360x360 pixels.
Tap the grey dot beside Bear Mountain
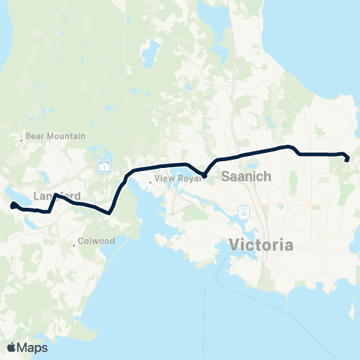tap(21, 137)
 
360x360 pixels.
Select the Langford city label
tap(57, 196)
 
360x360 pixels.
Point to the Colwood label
tap(95, 242)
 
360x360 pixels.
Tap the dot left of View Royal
tap(151, 180)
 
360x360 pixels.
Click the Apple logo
tap(12, 347)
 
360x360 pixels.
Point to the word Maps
tap(33, 347)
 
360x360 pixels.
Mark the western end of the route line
tap(13, 205)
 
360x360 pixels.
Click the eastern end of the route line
tap(346, 158)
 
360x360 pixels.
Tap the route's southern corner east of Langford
tap(110, 212)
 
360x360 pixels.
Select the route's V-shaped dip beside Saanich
tap(204, 176)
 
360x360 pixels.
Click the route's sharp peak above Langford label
tap(55, 194)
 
